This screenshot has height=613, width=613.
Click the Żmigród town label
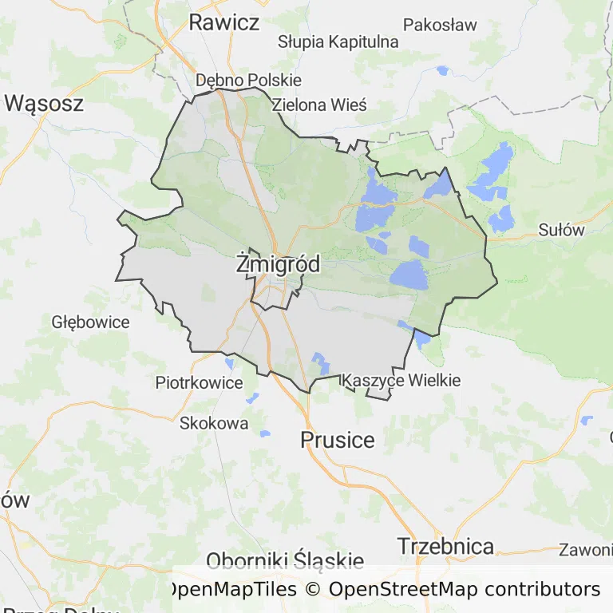278,264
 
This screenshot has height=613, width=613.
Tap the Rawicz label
223,22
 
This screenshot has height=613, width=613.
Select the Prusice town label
337,439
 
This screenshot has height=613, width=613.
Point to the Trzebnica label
445,546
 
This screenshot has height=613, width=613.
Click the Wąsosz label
44,103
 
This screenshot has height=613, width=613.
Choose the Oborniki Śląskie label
285,560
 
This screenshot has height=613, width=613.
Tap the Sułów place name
561,231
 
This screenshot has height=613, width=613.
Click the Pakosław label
440,25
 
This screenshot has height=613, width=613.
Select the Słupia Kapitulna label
338,42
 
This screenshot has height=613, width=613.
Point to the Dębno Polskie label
248,80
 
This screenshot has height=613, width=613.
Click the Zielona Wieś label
318,105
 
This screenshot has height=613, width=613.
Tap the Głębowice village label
90,322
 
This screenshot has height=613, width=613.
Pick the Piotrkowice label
199,383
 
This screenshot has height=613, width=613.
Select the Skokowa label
214,423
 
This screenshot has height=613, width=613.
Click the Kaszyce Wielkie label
401,381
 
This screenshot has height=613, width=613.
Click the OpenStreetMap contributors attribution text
465,590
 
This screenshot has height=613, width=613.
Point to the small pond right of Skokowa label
265,433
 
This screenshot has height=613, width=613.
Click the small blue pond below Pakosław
442,70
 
